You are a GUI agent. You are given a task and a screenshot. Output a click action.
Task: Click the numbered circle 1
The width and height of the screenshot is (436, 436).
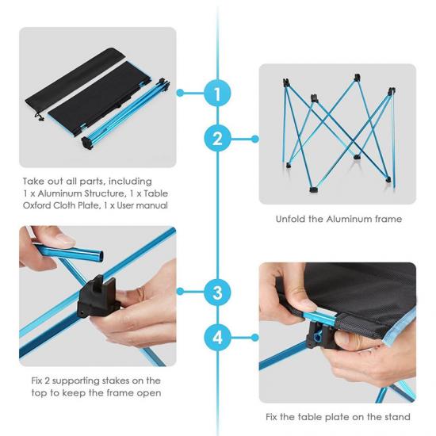217,94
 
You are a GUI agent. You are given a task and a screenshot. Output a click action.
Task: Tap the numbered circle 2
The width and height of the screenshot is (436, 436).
217,139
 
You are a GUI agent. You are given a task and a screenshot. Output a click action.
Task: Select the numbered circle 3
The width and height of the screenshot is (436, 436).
217,292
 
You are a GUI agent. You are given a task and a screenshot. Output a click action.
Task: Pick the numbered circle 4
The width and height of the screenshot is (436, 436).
217,338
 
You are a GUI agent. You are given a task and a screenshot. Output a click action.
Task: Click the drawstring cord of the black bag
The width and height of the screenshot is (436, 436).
39,116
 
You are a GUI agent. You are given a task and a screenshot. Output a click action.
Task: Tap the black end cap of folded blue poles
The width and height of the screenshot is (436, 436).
86,143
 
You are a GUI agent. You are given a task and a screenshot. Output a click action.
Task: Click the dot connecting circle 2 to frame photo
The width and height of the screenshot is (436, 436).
254,139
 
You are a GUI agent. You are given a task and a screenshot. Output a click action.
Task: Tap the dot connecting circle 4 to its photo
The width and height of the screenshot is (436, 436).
254,338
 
